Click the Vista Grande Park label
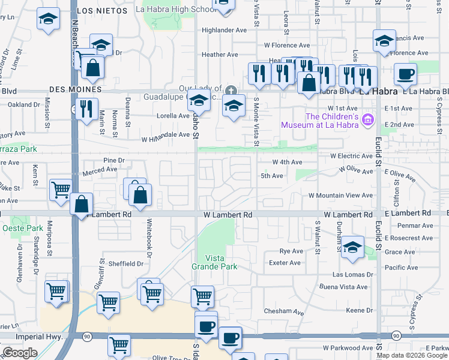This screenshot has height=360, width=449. click(214, 262)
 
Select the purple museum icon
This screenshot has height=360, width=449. click(367, 121)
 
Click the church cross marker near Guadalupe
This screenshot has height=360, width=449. click(231, 91)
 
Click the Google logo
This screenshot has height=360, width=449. click(20, 353)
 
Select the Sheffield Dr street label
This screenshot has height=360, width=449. click(126, 263)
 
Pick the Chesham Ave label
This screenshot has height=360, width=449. click(285, 312)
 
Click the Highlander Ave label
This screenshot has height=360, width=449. click(224, 30)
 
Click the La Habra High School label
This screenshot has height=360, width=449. click(175, 9)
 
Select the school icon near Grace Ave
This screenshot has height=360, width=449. click(352, 248)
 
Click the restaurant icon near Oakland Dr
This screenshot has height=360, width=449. click(88, 108)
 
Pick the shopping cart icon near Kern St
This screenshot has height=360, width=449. click(61, 190)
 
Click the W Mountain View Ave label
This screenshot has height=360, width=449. click(341, 196)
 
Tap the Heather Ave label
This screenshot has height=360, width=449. click(220, 55)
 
